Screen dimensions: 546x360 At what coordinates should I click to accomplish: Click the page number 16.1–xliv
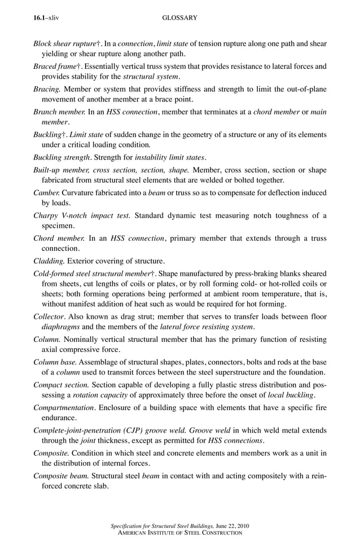(46, 18)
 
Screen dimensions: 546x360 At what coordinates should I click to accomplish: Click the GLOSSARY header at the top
(179, 18)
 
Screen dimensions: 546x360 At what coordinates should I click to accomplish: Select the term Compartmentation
(64, 408)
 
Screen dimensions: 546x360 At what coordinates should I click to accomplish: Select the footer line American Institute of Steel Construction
(179, 533)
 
